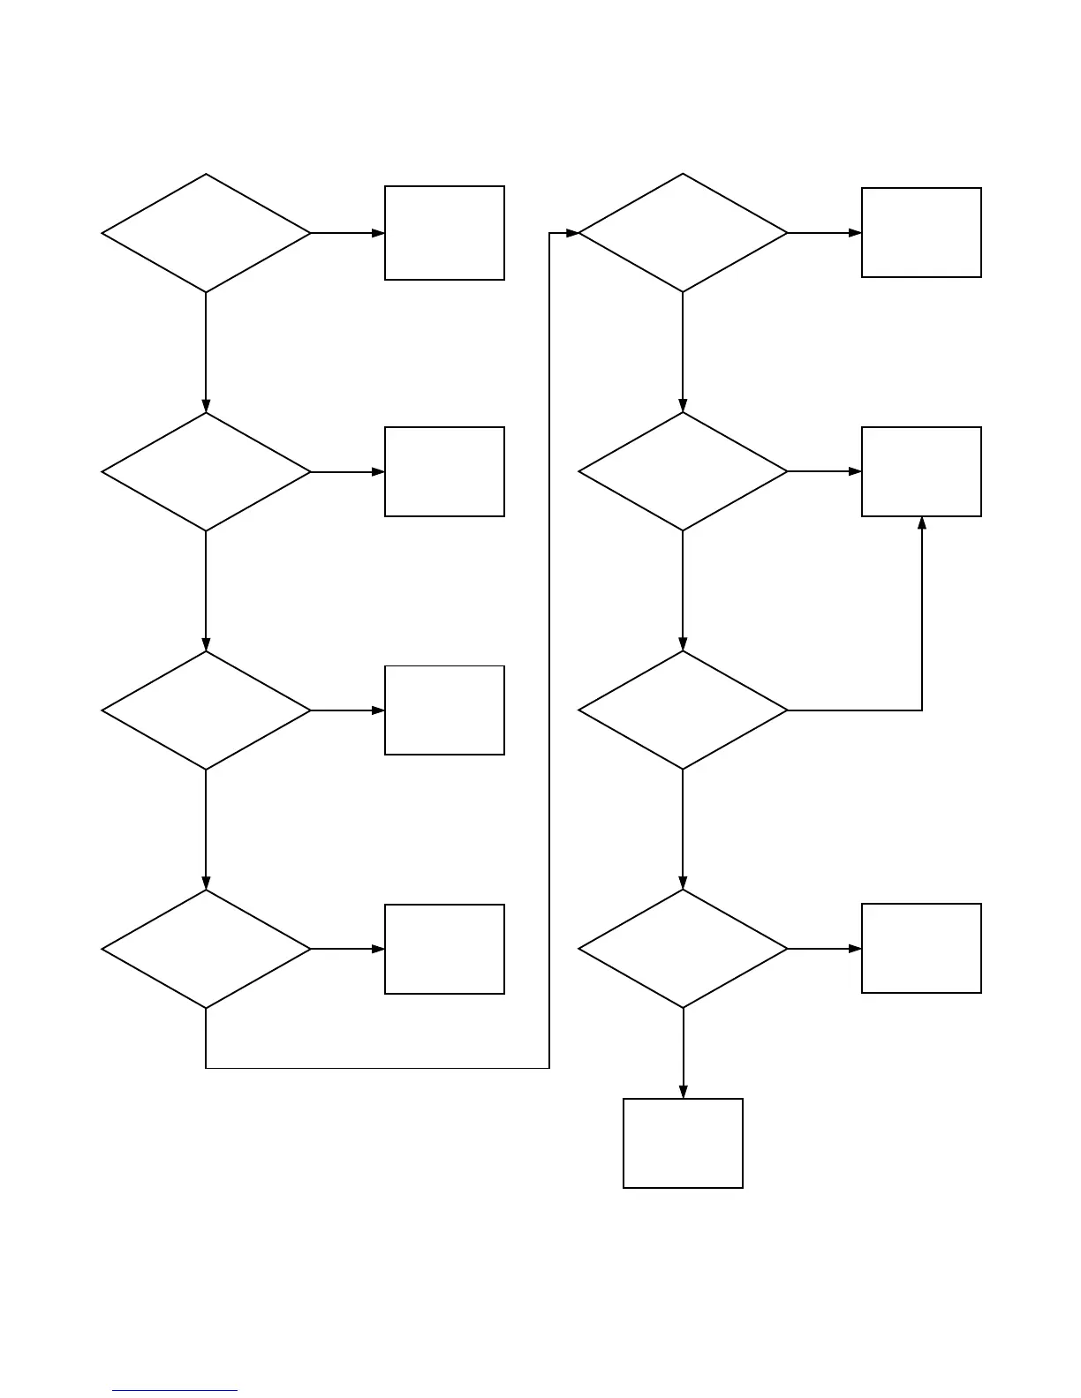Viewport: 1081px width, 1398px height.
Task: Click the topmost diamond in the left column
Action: pyautogui.click(x=206, y=233)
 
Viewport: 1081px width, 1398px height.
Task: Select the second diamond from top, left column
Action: pyautogui.click(x=206, y=472)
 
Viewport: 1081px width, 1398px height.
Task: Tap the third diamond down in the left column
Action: pyautogui.click(x=206, y=710)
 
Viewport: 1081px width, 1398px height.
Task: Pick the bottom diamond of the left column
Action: pyautogui.click(x=206, y=949)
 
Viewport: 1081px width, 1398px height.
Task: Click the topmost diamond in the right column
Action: pyautogui.click(x=683, y=233)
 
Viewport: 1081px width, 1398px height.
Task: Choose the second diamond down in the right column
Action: pyautogui.click(x=683, y=472)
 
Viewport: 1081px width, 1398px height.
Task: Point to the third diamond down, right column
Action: pyautogui.click(x=683, y=710)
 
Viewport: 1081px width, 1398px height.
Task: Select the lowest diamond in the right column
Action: pyautogui.click(x=683, y=949)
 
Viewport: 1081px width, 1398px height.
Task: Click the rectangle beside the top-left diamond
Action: pyautogui.click(x=444, y=233)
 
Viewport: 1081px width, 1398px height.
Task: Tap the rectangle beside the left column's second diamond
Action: pyautogui.click(x=444, y=472)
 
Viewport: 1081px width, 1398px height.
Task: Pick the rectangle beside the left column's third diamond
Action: pyautogui.click(x=444, y=710)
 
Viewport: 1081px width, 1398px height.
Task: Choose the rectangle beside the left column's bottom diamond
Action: pyautogui.click(x=444, y=949)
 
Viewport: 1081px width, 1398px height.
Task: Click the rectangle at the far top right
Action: pyautogui.click(x=921, y=233)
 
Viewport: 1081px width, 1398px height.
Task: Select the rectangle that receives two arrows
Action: pyautogui.click(x=921, y=472)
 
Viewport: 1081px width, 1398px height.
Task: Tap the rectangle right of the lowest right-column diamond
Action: pyautogui.click(x=921, y=949)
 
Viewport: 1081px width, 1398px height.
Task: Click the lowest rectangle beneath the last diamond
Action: pyautogui.click(x=683, y=1143)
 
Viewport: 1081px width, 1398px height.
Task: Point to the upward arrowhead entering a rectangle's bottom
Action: pyautogui.click(x=922, y=523)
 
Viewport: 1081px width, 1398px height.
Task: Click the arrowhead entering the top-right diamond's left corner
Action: pyautogui.click(x=571, y=233)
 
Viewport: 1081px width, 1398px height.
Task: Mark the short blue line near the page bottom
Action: pyautogui.click(x=175, y=1391)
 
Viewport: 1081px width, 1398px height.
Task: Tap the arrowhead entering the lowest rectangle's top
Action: pyautogui.click(x=683, y=1092)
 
